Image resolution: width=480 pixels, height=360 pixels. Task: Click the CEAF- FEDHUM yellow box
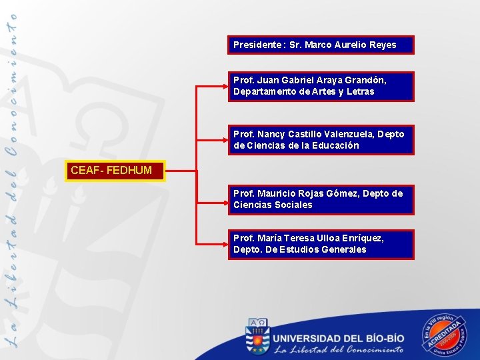[117, 171]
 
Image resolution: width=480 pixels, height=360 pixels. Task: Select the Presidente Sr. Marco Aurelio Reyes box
[320, 45]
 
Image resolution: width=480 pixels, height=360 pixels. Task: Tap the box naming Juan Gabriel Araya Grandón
[320, 86]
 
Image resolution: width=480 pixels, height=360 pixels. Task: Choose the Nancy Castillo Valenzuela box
[320, 139]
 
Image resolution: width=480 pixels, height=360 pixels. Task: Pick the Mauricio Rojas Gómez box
[320, 199]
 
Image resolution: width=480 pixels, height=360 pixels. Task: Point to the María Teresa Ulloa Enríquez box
[320, 244]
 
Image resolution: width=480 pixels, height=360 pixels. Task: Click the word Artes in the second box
[323, 92]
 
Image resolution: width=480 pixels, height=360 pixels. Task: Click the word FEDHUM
[129, 171]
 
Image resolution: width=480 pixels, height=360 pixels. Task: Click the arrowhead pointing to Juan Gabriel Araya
[224, 86]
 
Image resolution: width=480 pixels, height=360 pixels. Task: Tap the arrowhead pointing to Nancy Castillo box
[224, 139]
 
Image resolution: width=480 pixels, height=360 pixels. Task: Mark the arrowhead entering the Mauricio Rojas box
[224, 199]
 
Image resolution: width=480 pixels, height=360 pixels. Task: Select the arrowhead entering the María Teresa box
[224, 244]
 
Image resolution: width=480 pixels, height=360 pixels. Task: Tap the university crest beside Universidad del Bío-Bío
[257, 335]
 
